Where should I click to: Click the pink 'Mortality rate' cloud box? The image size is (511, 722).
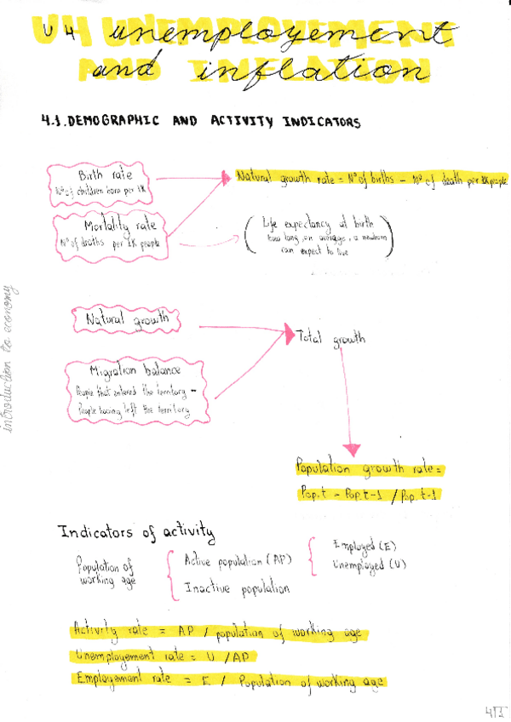click(112, 233)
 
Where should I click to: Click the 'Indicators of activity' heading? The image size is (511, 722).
click(136, 533)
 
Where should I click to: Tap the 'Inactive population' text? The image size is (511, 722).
click(237, 588)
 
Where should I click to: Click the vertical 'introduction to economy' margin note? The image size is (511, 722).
click(12, 358)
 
